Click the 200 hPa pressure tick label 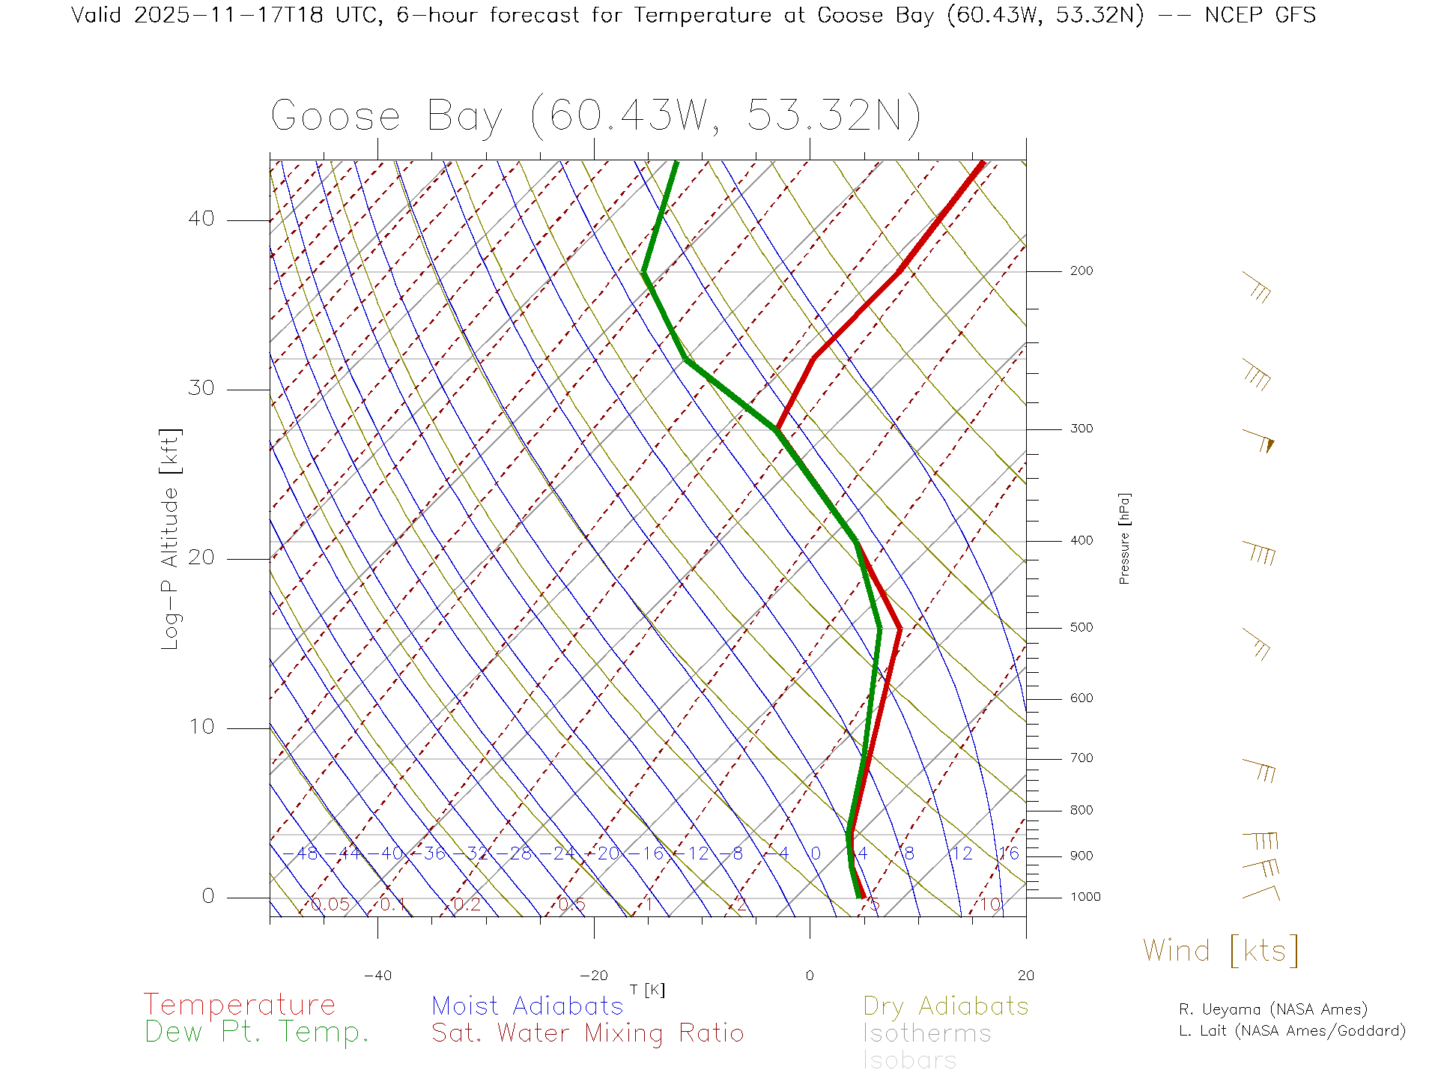(x=1081, y=271)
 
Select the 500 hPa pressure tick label (x=1081, y=628)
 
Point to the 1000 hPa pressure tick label (x=1085, y=898)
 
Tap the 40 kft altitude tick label (x=201, y=219)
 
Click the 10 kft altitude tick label (x=201, y=727)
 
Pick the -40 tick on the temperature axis (x=377, y=976)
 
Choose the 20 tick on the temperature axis (x=1025, y=976)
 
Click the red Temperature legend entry (x=239, y=1005)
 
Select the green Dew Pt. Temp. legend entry (x=257, y=1033)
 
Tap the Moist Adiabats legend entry (x=527, y=1006)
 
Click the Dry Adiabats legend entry (x=945, y=1006)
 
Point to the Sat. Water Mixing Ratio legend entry (x=587, y=1033)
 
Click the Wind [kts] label (x=1221, y=951)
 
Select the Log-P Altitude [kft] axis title (x=171, y=539)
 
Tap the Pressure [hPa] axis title (x=1124, y=538)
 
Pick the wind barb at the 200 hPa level (x=1257, y=287)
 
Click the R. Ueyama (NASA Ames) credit (x=1272, y=1009)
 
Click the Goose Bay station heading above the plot (x=595, y=116)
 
